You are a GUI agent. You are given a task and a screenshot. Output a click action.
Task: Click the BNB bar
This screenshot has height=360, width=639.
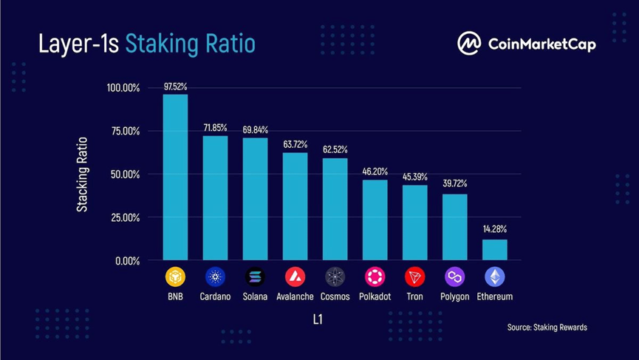point(175,177)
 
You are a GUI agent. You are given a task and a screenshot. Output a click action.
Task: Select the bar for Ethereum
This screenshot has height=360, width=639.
point(494,250)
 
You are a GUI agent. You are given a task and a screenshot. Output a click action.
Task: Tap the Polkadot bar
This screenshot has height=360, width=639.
point(375,220)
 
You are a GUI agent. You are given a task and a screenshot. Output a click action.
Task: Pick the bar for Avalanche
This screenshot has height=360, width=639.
point(295,206)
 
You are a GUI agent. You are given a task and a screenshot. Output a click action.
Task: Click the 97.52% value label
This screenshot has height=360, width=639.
point(175,86)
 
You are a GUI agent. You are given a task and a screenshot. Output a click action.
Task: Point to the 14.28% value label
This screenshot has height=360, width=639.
point(494,229)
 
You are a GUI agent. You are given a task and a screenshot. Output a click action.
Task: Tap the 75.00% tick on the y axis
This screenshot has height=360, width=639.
point(123,131)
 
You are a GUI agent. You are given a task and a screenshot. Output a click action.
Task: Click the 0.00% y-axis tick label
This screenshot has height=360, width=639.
point(126,261)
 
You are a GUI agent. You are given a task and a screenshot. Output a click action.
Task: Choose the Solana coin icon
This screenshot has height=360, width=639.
point(255,277)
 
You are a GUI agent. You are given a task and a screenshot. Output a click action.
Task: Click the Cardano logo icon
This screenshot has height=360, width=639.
point(215,277)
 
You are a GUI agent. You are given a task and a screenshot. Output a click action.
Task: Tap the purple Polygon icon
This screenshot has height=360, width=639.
point(454,277)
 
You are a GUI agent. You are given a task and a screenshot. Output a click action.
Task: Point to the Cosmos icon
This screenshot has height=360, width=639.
point(335,277)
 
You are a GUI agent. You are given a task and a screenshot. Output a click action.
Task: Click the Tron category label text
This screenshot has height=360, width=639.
point(414,296)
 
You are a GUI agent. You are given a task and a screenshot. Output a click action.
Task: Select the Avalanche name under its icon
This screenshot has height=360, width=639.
point(295,296)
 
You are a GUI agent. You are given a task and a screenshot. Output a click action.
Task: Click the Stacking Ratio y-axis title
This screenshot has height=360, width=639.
point(83,174)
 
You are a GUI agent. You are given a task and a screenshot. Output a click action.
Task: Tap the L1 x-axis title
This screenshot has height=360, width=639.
point(316,320)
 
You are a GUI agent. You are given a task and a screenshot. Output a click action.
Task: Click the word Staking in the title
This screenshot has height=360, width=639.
point(158,44)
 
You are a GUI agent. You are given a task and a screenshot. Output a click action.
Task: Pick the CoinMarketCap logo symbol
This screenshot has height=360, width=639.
point(469,44)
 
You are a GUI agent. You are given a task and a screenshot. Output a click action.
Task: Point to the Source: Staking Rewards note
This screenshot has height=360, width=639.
point(547,327)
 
